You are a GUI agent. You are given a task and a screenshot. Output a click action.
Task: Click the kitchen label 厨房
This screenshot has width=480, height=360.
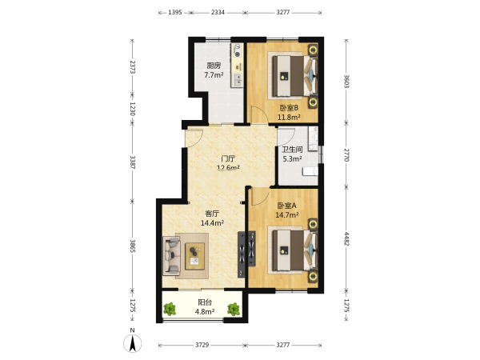[214, 66]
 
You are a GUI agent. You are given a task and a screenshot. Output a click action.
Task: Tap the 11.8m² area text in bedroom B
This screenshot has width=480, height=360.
[289, 117]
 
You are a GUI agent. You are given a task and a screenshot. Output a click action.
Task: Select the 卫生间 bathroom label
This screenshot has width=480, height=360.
[292, 150]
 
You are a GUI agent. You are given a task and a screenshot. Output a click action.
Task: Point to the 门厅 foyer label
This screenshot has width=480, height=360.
[228, 158]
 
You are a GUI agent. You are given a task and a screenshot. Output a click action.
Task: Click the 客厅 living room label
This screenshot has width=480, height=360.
[212, 214]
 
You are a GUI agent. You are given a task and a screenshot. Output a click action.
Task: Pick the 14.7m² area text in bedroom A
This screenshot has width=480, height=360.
[287, 215]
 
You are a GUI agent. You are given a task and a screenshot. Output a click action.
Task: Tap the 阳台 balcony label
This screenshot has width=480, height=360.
[205, 302]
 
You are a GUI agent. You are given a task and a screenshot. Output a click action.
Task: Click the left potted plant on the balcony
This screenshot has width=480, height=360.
[170, 309]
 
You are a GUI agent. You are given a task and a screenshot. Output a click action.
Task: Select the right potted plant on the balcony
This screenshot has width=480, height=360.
[234, 309]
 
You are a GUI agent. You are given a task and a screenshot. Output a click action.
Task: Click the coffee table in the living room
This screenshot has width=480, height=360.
[194, 256]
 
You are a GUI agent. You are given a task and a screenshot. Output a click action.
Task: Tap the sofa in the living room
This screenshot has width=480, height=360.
[171, 256]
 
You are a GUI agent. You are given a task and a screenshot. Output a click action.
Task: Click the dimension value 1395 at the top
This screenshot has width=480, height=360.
[175, 12]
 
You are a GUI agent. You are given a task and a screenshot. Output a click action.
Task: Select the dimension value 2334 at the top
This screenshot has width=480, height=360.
[218, 12]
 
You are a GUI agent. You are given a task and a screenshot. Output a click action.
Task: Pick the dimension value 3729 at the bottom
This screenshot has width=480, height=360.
[202, 345]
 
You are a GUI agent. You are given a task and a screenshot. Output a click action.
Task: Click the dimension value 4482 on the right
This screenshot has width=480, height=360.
[346, 238]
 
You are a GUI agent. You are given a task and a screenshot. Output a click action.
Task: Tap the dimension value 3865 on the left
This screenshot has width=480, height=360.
[133, 246]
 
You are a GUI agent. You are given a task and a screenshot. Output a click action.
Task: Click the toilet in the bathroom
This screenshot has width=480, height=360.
[310, 171]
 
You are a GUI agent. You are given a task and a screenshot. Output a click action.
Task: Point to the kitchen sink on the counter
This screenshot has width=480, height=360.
[238, 79]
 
